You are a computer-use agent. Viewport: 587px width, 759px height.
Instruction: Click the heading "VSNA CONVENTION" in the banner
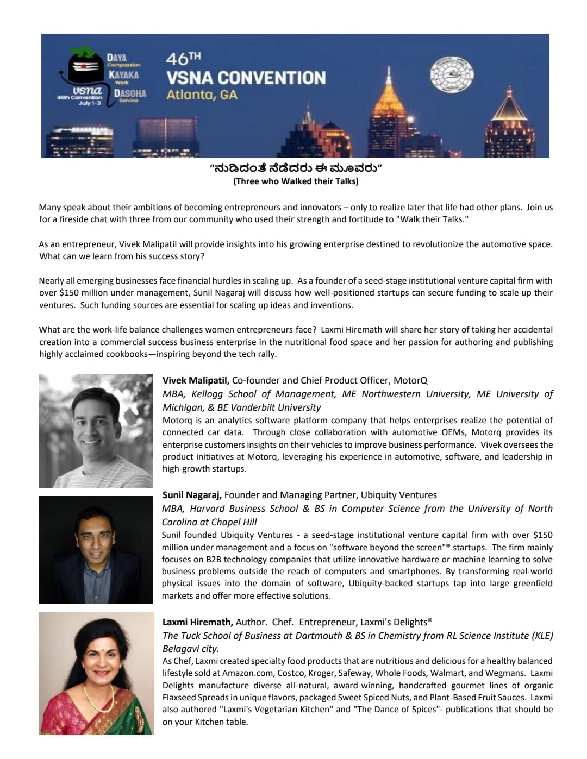point(246,77)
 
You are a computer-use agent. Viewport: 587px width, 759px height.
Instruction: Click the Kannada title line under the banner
point(296,169)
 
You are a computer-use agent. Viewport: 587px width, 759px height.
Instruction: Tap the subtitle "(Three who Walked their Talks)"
point(296,181)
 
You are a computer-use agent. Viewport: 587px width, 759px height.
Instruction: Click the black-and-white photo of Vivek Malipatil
point(96,431)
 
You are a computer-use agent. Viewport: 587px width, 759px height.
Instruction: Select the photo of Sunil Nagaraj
point(96,550)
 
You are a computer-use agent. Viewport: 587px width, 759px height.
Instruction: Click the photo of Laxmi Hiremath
point(96,674)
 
